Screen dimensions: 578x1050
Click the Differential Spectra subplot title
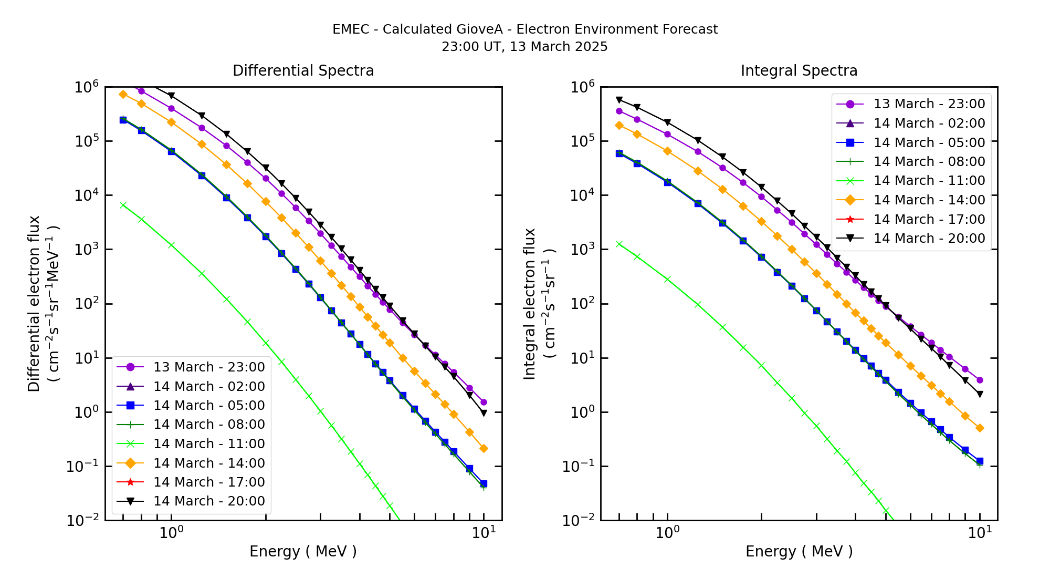click(303, 70)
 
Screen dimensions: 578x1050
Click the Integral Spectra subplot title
click(799, 70)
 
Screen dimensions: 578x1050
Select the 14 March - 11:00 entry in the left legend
click(208, 443)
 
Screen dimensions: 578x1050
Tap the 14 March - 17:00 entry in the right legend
click(929, 219)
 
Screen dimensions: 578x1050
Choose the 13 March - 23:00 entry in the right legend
click(929, 104)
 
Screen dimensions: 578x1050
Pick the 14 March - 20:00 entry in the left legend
click(208, 501)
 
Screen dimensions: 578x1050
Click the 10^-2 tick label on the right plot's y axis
click(580, 520)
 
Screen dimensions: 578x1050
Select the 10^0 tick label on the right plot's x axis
click(667, 533)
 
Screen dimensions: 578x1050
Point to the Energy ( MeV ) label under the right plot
click(799, 551)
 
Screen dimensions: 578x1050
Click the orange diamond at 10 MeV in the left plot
click(484, 449)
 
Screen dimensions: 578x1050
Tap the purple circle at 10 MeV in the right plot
click(980, 380)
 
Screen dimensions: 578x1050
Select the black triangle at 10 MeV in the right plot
click(980, 394)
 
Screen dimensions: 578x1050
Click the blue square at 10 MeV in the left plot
click(484, 483)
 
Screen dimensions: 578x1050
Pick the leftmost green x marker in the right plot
click(619, 244)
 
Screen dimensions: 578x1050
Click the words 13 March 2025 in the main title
click(559, 47)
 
